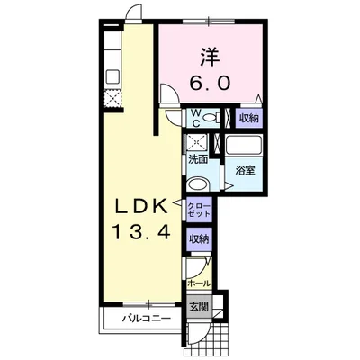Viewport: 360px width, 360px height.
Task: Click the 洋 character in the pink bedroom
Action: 211,58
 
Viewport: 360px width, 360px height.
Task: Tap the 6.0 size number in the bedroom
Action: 210,83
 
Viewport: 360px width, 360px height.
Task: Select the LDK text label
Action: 141,207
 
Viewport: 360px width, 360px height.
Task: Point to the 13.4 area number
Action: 140,232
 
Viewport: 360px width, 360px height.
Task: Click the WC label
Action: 195,118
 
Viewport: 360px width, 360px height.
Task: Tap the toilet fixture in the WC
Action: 211,118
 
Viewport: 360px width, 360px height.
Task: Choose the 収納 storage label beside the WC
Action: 248,119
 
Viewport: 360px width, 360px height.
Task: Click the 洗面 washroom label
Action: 198,160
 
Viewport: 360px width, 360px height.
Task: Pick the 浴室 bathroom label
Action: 245,171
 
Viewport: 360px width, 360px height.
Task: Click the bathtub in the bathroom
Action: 244,145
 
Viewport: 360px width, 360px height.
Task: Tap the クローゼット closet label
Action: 199,210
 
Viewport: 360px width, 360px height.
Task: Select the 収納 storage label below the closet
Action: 199,239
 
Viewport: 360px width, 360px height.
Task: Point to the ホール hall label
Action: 199,283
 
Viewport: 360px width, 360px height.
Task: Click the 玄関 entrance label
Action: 199,307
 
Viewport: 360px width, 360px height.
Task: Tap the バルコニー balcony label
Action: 146,318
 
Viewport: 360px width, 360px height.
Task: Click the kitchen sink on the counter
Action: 113,76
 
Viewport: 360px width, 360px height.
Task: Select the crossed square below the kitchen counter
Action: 113,98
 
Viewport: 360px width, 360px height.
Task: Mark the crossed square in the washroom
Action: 197,142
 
